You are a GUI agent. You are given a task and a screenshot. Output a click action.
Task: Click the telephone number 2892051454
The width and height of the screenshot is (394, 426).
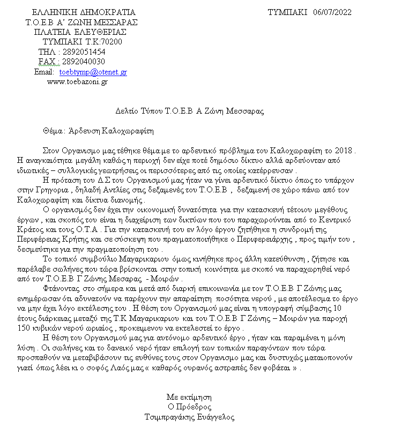84,52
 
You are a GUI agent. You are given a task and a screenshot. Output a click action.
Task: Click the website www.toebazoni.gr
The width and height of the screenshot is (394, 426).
78,81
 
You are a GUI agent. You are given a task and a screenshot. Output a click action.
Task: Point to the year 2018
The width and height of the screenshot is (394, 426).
345,151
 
